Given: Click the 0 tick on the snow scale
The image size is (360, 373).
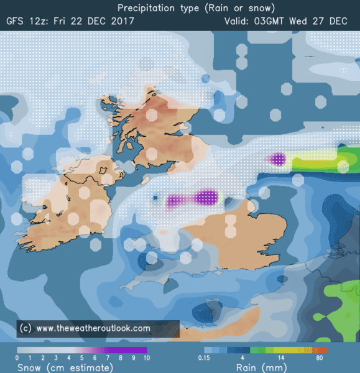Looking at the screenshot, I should pos(17,359).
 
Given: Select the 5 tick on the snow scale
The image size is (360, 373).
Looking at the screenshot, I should pos(81,359).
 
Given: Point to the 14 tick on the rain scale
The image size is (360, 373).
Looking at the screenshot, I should pos(282,359).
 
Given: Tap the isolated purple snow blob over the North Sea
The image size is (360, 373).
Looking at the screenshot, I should pos(278,160).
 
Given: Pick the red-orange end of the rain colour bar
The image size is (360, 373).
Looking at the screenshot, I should pos(324,350).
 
